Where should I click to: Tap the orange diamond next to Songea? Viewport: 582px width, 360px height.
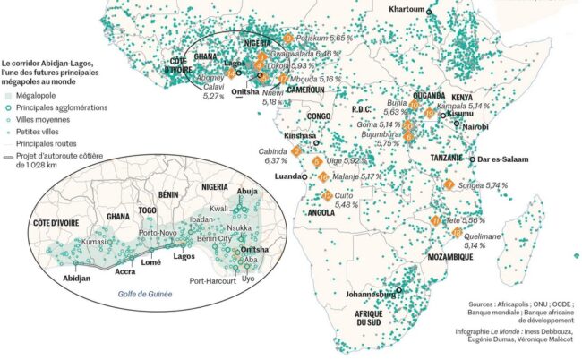tap(448, 185)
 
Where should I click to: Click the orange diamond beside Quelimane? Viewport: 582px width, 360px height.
tap(457, 233)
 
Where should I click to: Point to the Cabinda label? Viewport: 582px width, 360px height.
tap(272, 151)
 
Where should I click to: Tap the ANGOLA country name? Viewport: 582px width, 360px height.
tap(321, 213)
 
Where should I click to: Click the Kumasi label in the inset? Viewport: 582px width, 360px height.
tap(94, 242)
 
